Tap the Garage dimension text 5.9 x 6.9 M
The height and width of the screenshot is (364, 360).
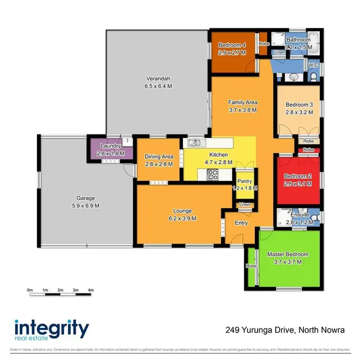tap(86, 206)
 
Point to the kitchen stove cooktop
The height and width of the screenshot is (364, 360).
tap(213, 176)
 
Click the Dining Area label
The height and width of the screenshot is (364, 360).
tap(158, 157)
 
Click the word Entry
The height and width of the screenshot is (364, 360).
tap(241, 223)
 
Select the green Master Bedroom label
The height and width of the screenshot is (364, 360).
tap(288, 255)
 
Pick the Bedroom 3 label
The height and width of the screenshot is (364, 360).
tap(300, 105)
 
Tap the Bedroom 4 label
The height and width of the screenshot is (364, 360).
tap(232, 45)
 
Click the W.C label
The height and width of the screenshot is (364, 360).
tap(313, 65)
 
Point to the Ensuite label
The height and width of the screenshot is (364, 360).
tap(300, 215)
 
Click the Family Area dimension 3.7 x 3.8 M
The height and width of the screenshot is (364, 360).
tap(242, 110)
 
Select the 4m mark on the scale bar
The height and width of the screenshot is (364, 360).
tap(91, 290)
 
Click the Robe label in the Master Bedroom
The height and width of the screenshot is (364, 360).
tap(251, 266)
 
